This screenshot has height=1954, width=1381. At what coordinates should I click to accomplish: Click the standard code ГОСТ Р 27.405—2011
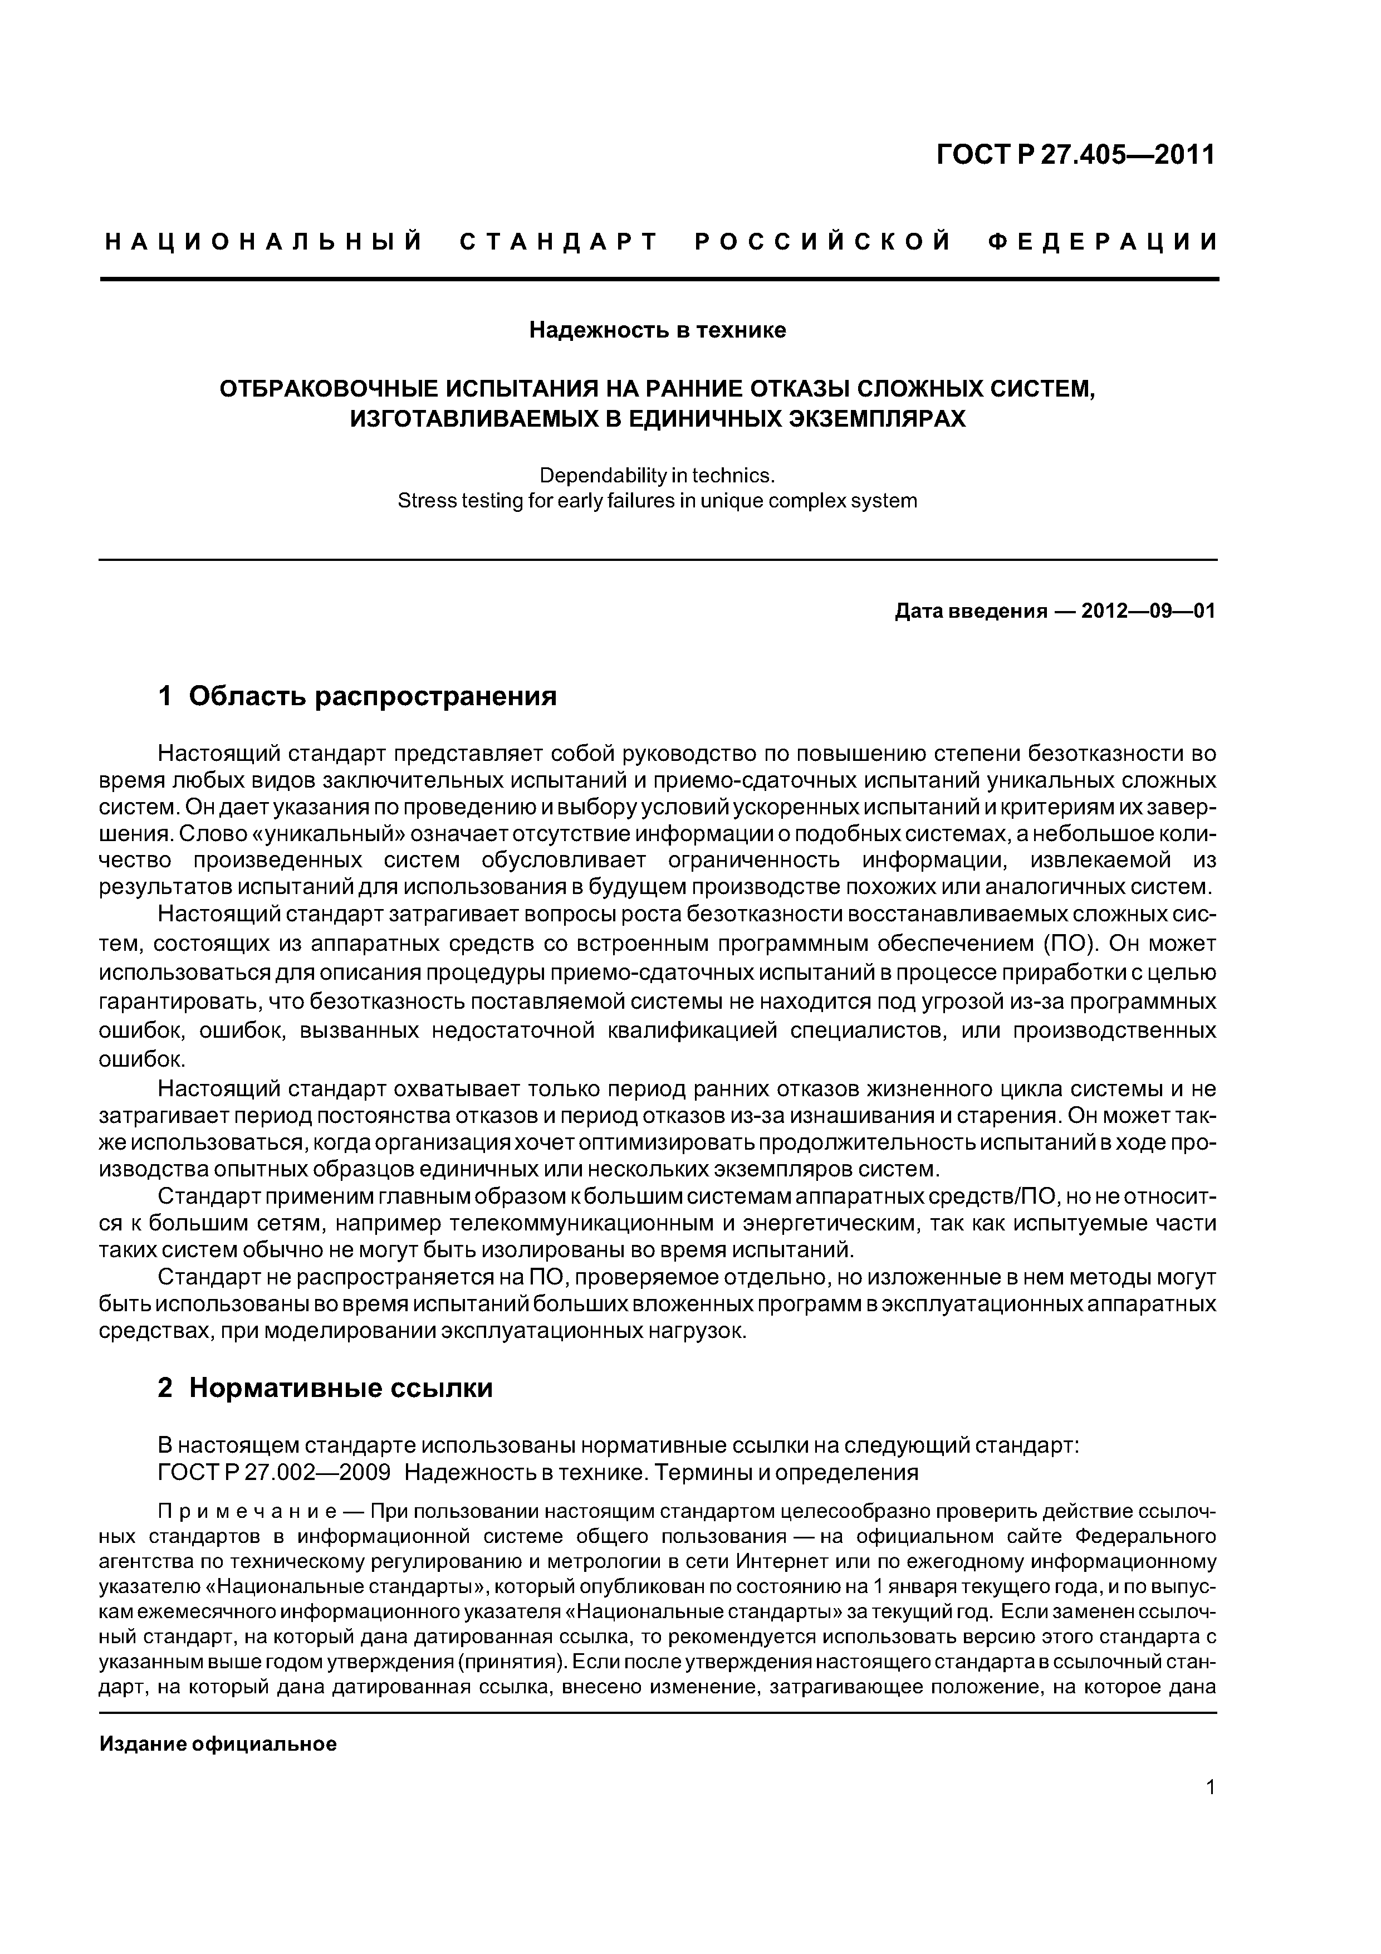click(1075, 155)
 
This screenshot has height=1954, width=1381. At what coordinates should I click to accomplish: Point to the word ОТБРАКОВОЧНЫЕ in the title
click(327, 390)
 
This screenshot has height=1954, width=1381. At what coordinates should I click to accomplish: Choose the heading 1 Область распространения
click(358, 696)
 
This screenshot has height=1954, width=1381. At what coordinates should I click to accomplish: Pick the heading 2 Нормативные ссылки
click(325, 1388)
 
